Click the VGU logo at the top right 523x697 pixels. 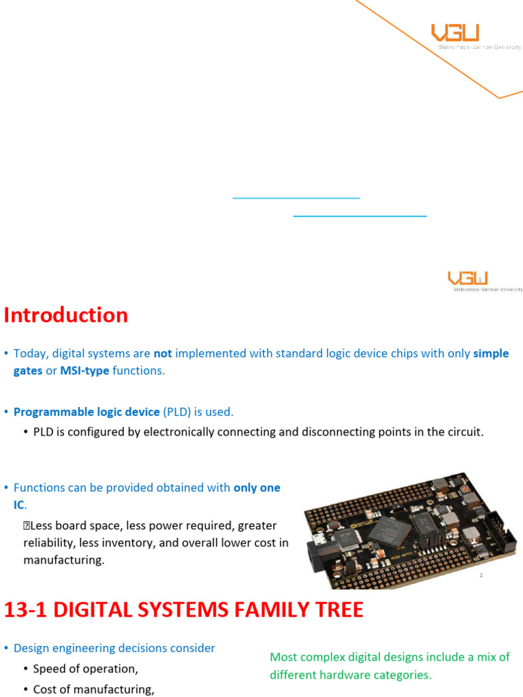pos(455,33)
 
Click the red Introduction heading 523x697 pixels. pos(66,315)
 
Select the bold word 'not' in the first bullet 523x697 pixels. pos(163,354)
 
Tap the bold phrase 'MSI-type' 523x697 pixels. pos(85,370)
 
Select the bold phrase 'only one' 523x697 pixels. pos(257,488)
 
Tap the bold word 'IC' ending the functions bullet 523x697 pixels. pos(19,504)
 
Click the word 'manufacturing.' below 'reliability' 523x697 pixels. pos(64,561)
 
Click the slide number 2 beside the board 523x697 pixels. pos(481,575)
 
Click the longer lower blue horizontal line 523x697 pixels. pos(360,216)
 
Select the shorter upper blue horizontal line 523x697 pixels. pos(296,198)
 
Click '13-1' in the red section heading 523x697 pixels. pos(25,610)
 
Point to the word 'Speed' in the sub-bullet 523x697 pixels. pos(49,669)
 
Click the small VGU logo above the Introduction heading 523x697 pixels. pos(468,278)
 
